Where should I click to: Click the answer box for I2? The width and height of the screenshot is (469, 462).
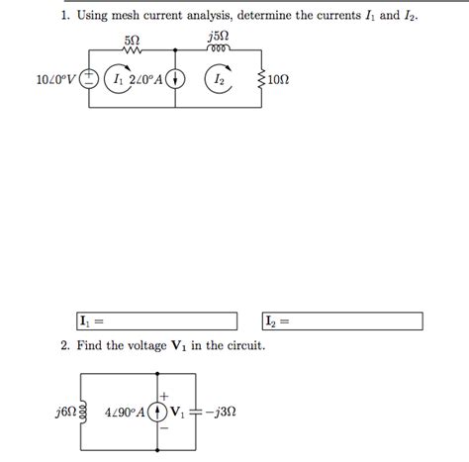(341, 322)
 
